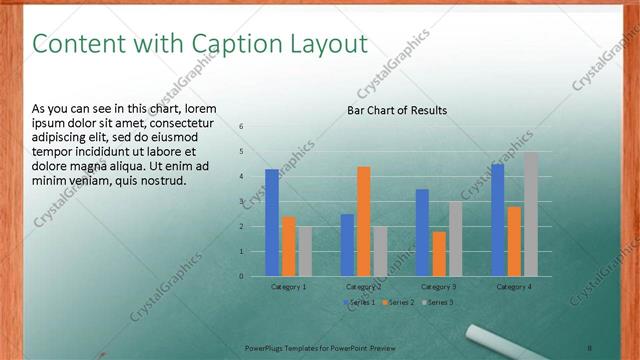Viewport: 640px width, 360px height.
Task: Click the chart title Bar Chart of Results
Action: [x=397, y=110]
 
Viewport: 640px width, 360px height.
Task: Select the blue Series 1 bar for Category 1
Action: [x=272, y=222]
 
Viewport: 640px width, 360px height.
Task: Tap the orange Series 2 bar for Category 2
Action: [x=364, y=221]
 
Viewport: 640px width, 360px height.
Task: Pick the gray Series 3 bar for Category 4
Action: [x=531, y=214]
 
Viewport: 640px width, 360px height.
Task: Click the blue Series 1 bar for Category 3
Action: [x=422, y=232]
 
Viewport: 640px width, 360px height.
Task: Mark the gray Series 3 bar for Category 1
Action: [x=305, y=251]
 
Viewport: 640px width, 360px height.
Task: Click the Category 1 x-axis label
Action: [x=289, y=287]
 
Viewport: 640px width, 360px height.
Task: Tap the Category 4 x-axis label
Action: [x=515, y=287]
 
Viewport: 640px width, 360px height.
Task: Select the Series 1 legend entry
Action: [x=361, y=302]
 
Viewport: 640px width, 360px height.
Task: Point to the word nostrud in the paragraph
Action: [x=159, y=180]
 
